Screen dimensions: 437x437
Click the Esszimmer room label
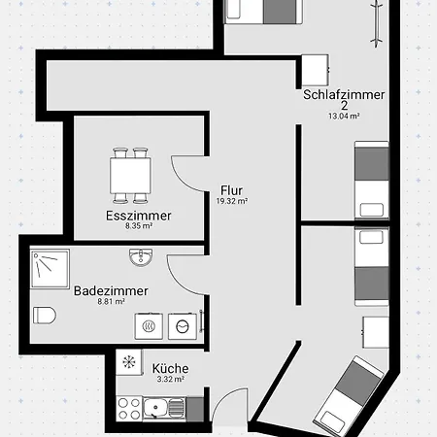(139, 216)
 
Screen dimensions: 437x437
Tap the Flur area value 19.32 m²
(232, 201)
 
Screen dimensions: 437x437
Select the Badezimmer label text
(111, 290)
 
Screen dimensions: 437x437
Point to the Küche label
(170, 368)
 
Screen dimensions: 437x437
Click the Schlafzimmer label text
(344, 94)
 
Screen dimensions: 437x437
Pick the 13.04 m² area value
(344, 116)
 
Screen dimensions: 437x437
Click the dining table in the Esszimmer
(130, 176)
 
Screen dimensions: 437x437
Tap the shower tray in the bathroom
(50, 268)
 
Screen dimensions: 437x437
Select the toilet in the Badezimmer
(45, 316)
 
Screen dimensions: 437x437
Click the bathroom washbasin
(141, 257)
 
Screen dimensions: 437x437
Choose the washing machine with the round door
(183, 326)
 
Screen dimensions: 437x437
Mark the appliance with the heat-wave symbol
(149, 326)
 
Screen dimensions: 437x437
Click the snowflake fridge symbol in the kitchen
(129, 362)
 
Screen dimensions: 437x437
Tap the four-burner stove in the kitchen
(129, 409)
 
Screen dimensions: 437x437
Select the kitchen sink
(164, 409)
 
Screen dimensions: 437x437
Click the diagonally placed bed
(349, 395)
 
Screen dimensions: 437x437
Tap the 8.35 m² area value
(139, 226)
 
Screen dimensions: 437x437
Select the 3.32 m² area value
(171, 379)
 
